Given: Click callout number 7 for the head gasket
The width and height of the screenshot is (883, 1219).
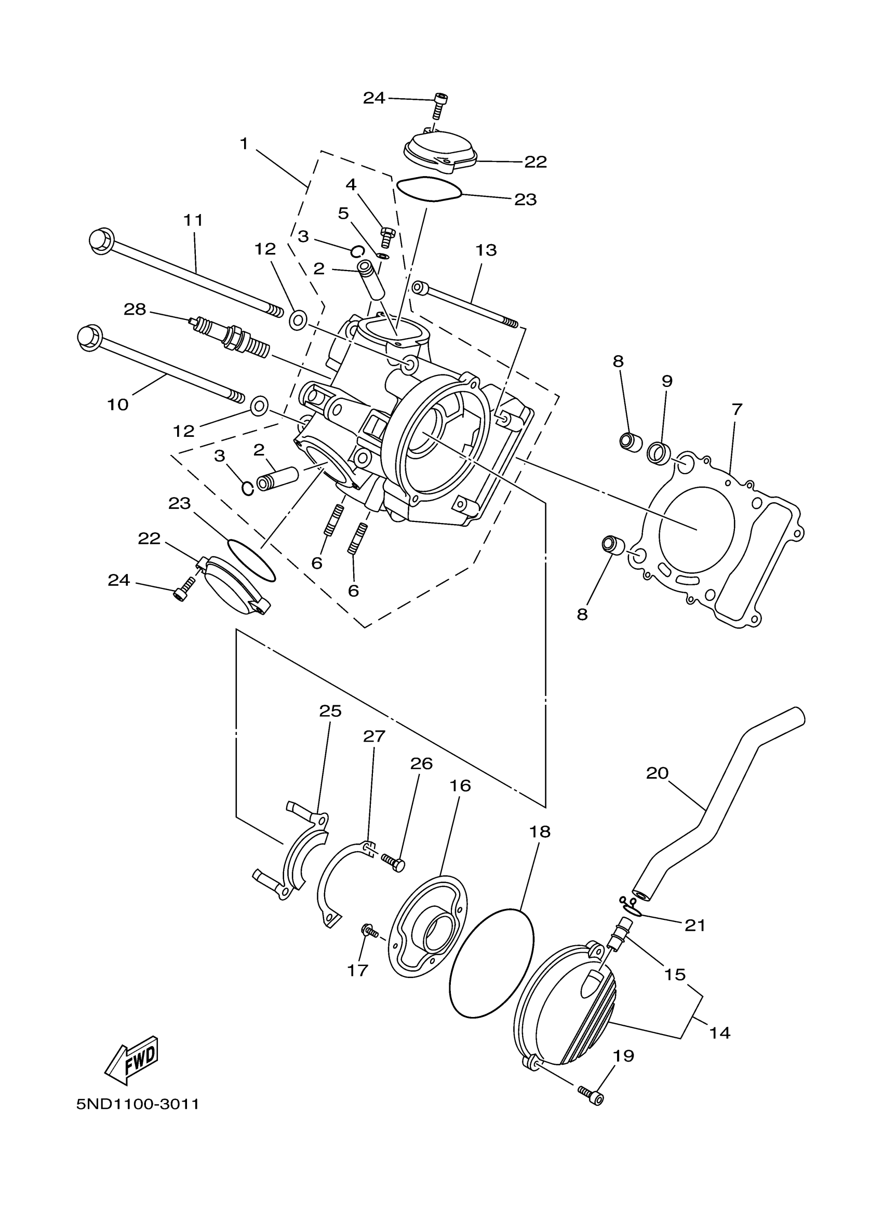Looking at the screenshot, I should [x=737, y=409].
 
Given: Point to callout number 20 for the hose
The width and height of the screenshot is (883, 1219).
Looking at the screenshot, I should [x=657, y=773].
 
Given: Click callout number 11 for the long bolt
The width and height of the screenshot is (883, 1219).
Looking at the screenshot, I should [x=193, y=220].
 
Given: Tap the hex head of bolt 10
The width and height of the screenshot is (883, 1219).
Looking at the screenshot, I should [x=89, y=338].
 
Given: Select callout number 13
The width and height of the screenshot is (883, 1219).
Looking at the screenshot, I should [x=486, y=250].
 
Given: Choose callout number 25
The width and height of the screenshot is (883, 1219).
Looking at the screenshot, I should [x=330, y=711].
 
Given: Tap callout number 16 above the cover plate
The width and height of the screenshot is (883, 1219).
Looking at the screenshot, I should [x=460, y=786].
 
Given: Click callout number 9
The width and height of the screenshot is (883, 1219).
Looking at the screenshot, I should [x=666, y=381].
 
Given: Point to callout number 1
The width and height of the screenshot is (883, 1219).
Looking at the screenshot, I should [x=244, y=143].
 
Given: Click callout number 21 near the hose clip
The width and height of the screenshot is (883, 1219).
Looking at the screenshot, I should [x=694, y=925].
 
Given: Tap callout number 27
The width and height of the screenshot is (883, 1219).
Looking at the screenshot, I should [x=374, y=736].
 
